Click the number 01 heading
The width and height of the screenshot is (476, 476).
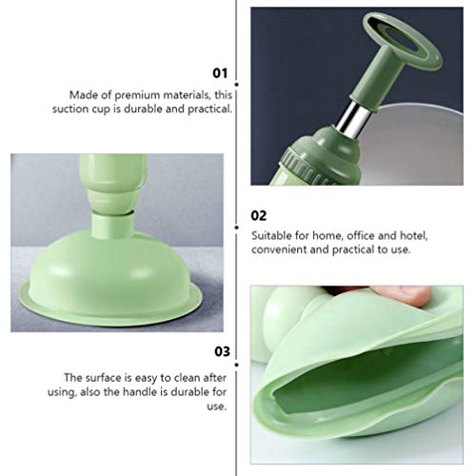pos(221,71)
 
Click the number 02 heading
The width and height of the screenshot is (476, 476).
pos(259,214)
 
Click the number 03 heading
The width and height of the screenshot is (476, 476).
pos(221,350)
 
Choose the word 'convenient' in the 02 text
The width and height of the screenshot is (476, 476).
pos(280,249)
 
